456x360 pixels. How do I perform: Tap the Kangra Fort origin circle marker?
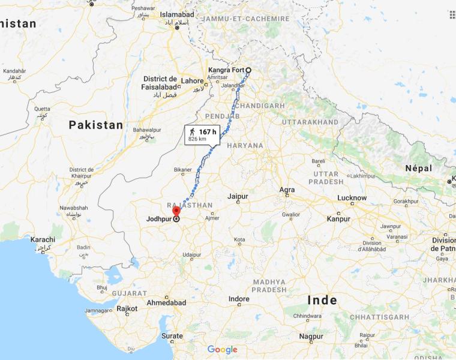coord(248,70)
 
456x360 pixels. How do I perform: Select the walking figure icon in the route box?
coord(192,131)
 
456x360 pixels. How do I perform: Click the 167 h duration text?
coord(208,131)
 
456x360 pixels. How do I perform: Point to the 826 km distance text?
coord(197,139)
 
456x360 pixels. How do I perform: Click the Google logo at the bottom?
coord(223,349)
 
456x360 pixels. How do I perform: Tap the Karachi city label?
coord(43,240)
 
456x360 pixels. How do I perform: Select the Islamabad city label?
coord(177,14)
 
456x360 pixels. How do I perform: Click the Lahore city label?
coord(193,80)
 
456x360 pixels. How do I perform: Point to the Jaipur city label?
coord(238,196)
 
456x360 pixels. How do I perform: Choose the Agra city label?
coord(287,190)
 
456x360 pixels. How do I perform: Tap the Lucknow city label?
coord(352,197)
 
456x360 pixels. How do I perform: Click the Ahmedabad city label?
coord(166,302)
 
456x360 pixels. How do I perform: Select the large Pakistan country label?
coord(95,125)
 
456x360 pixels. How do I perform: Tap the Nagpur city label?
coord(311,336)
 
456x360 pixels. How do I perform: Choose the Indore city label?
coord(239,299)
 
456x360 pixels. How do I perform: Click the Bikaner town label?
coord(184,170)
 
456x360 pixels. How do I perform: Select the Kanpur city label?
coord(338,218)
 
